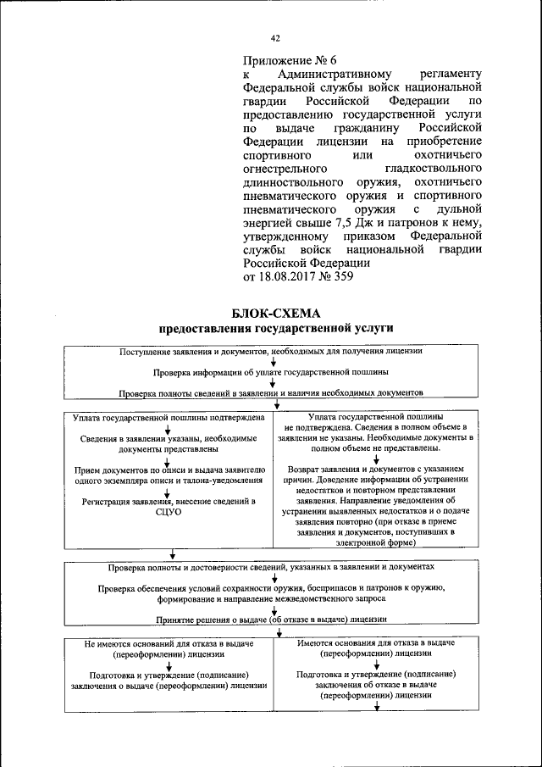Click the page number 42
275,38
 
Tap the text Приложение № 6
290,60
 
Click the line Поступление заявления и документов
271,350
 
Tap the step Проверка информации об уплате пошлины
271,371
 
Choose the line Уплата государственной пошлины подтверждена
169,417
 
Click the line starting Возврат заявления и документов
377,468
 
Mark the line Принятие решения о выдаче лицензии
271,619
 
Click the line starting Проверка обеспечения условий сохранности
271,587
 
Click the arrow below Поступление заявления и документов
274,361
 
